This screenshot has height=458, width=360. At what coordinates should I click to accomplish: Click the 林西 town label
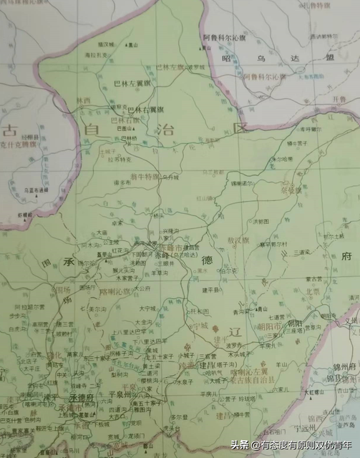84,101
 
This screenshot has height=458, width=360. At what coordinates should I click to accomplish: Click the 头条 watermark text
238,444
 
